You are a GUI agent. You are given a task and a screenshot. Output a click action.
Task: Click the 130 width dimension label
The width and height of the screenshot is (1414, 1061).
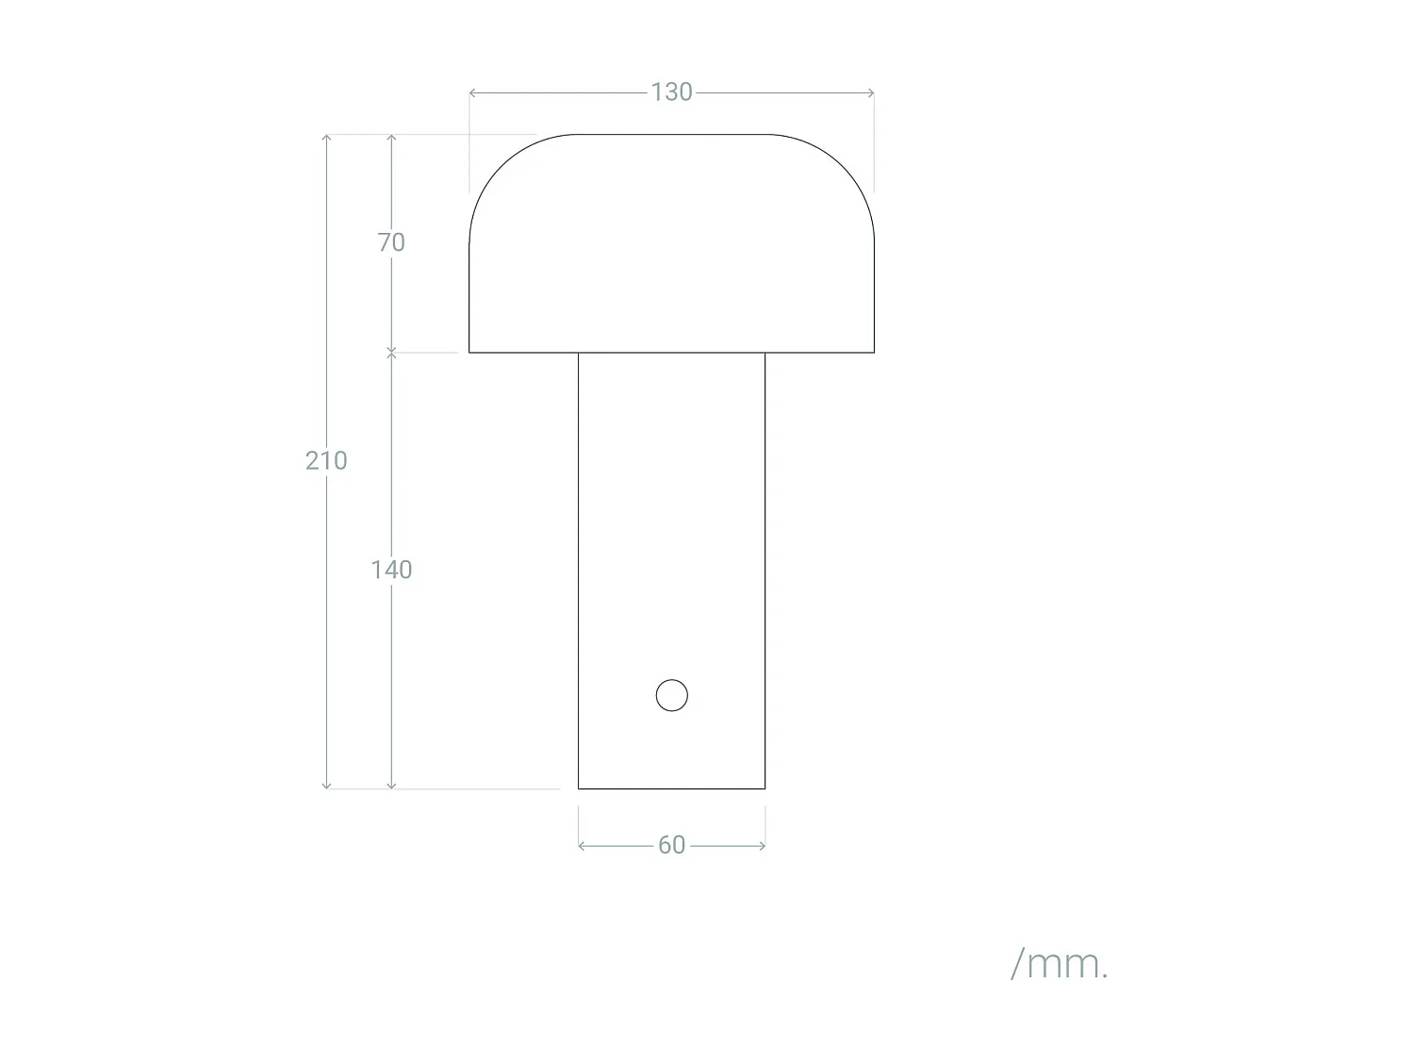(671, 92)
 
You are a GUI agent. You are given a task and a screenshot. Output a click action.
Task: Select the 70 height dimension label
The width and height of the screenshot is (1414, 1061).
(391, 242)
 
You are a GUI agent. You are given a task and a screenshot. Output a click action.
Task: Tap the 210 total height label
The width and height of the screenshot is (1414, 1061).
(326, 460)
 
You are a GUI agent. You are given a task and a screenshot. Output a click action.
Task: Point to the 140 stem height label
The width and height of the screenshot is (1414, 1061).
(391, 570)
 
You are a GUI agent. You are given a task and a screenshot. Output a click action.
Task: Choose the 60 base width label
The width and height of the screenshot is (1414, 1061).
(671, 845)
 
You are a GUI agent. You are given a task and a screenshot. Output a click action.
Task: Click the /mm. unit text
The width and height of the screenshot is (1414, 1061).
(1059, 964)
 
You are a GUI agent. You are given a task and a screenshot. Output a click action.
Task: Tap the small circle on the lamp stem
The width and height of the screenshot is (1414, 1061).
(672, 695)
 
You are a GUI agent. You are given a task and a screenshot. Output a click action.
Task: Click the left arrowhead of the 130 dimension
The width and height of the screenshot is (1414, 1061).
(471, 92)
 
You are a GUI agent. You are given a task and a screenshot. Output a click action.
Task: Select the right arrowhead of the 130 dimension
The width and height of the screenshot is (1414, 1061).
(872, 92)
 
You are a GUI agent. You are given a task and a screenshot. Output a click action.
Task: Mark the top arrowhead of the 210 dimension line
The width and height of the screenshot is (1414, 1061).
(327, 137)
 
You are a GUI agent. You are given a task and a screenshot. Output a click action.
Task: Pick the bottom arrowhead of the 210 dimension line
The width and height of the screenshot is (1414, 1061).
(327, 786)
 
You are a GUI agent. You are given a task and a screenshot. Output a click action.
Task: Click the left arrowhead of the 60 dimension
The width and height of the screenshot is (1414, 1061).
(581, 846)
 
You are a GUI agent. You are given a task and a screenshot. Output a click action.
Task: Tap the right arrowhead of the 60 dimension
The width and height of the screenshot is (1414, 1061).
(763, 846)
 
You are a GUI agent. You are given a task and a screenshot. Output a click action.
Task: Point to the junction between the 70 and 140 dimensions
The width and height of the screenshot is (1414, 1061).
(392, 353)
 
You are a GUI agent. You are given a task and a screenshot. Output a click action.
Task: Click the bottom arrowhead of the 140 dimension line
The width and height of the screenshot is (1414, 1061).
(392, 786)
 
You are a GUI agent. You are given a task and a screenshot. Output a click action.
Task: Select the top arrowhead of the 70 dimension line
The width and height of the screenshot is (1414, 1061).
(392, 137)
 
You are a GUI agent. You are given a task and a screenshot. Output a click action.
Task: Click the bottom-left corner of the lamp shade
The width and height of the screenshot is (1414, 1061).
(469, 352)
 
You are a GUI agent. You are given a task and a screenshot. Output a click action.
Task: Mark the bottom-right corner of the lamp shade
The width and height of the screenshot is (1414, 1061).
(874, 352)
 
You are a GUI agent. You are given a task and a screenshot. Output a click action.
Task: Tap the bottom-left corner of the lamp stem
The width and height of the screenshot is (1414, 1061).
(579, 788)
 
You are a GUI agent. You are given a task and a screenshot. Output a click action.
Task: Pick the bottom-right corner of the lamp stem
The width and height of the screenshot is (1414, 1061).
(765, 788)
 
